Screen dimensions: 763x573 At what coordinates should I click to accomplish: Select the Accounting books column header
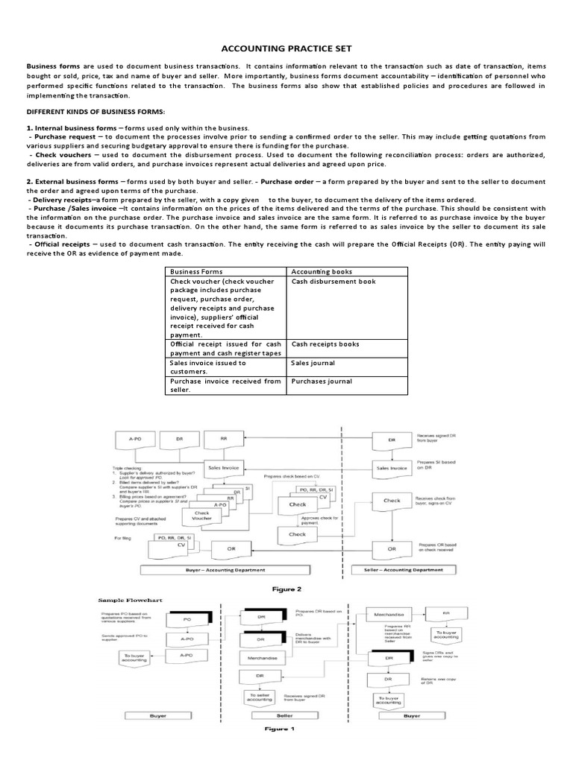click(x=322, y=272)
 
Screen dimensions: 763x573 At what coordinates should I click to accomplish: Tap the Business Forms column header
click(x=197, y=272)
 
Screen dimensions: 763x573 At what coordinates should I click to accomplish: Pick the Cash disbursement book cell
click(x=334, y=282)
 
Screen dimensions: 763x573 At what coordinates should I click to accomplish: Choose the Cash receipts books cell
click(x=325, y=344)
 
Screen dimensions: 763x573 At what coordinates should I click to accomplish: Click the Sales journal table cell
click(x=313, y=363)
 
